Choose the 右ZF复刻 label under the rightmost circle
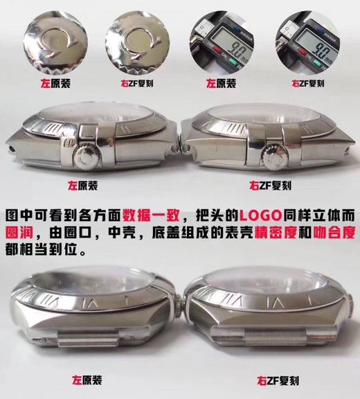307,83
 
